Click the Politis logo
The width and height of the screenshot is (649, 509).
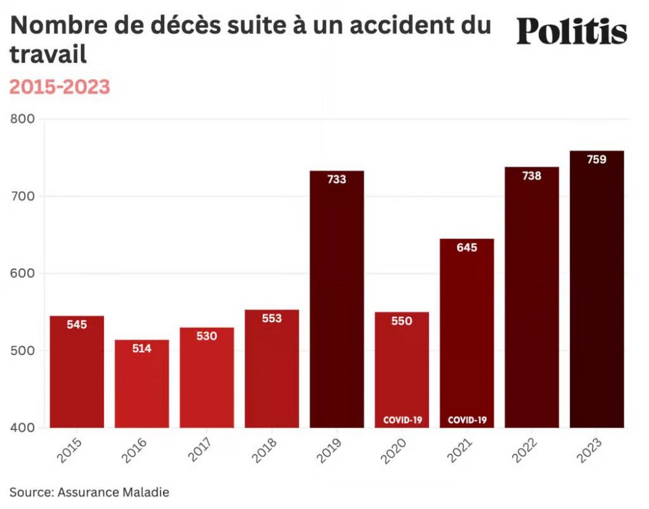tap(572, 31)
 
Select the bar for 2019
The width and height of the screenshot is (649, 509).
tap(337, 305)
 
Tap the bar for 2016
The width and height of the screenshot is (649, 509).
tap(141, 386)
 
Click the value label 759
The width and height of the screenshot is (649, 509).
tap(596, 160)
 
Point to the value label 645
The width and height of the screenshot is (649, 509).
tap(467, 247)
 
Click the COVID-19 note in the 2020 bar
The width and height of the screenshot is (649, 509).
tap(402, 420)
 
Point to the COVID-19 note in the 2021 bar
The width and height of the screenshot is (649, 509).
tap(467, 420)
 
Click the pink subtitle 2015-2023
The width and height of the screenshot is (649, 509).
tap(60, 87)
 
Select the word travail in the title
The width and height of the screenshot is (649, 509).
tap(48, 55)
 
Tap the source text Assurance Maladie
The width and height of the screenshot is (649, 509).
tap(114, 492)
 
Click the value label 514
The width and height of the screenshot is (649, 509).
tap(141, 349)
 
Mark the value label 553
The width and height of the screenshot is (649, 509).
tap(272, 319)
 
